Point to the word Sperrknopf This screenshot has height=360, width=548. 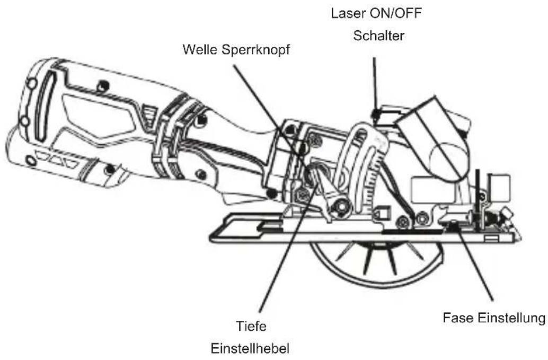pos(257,51)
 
